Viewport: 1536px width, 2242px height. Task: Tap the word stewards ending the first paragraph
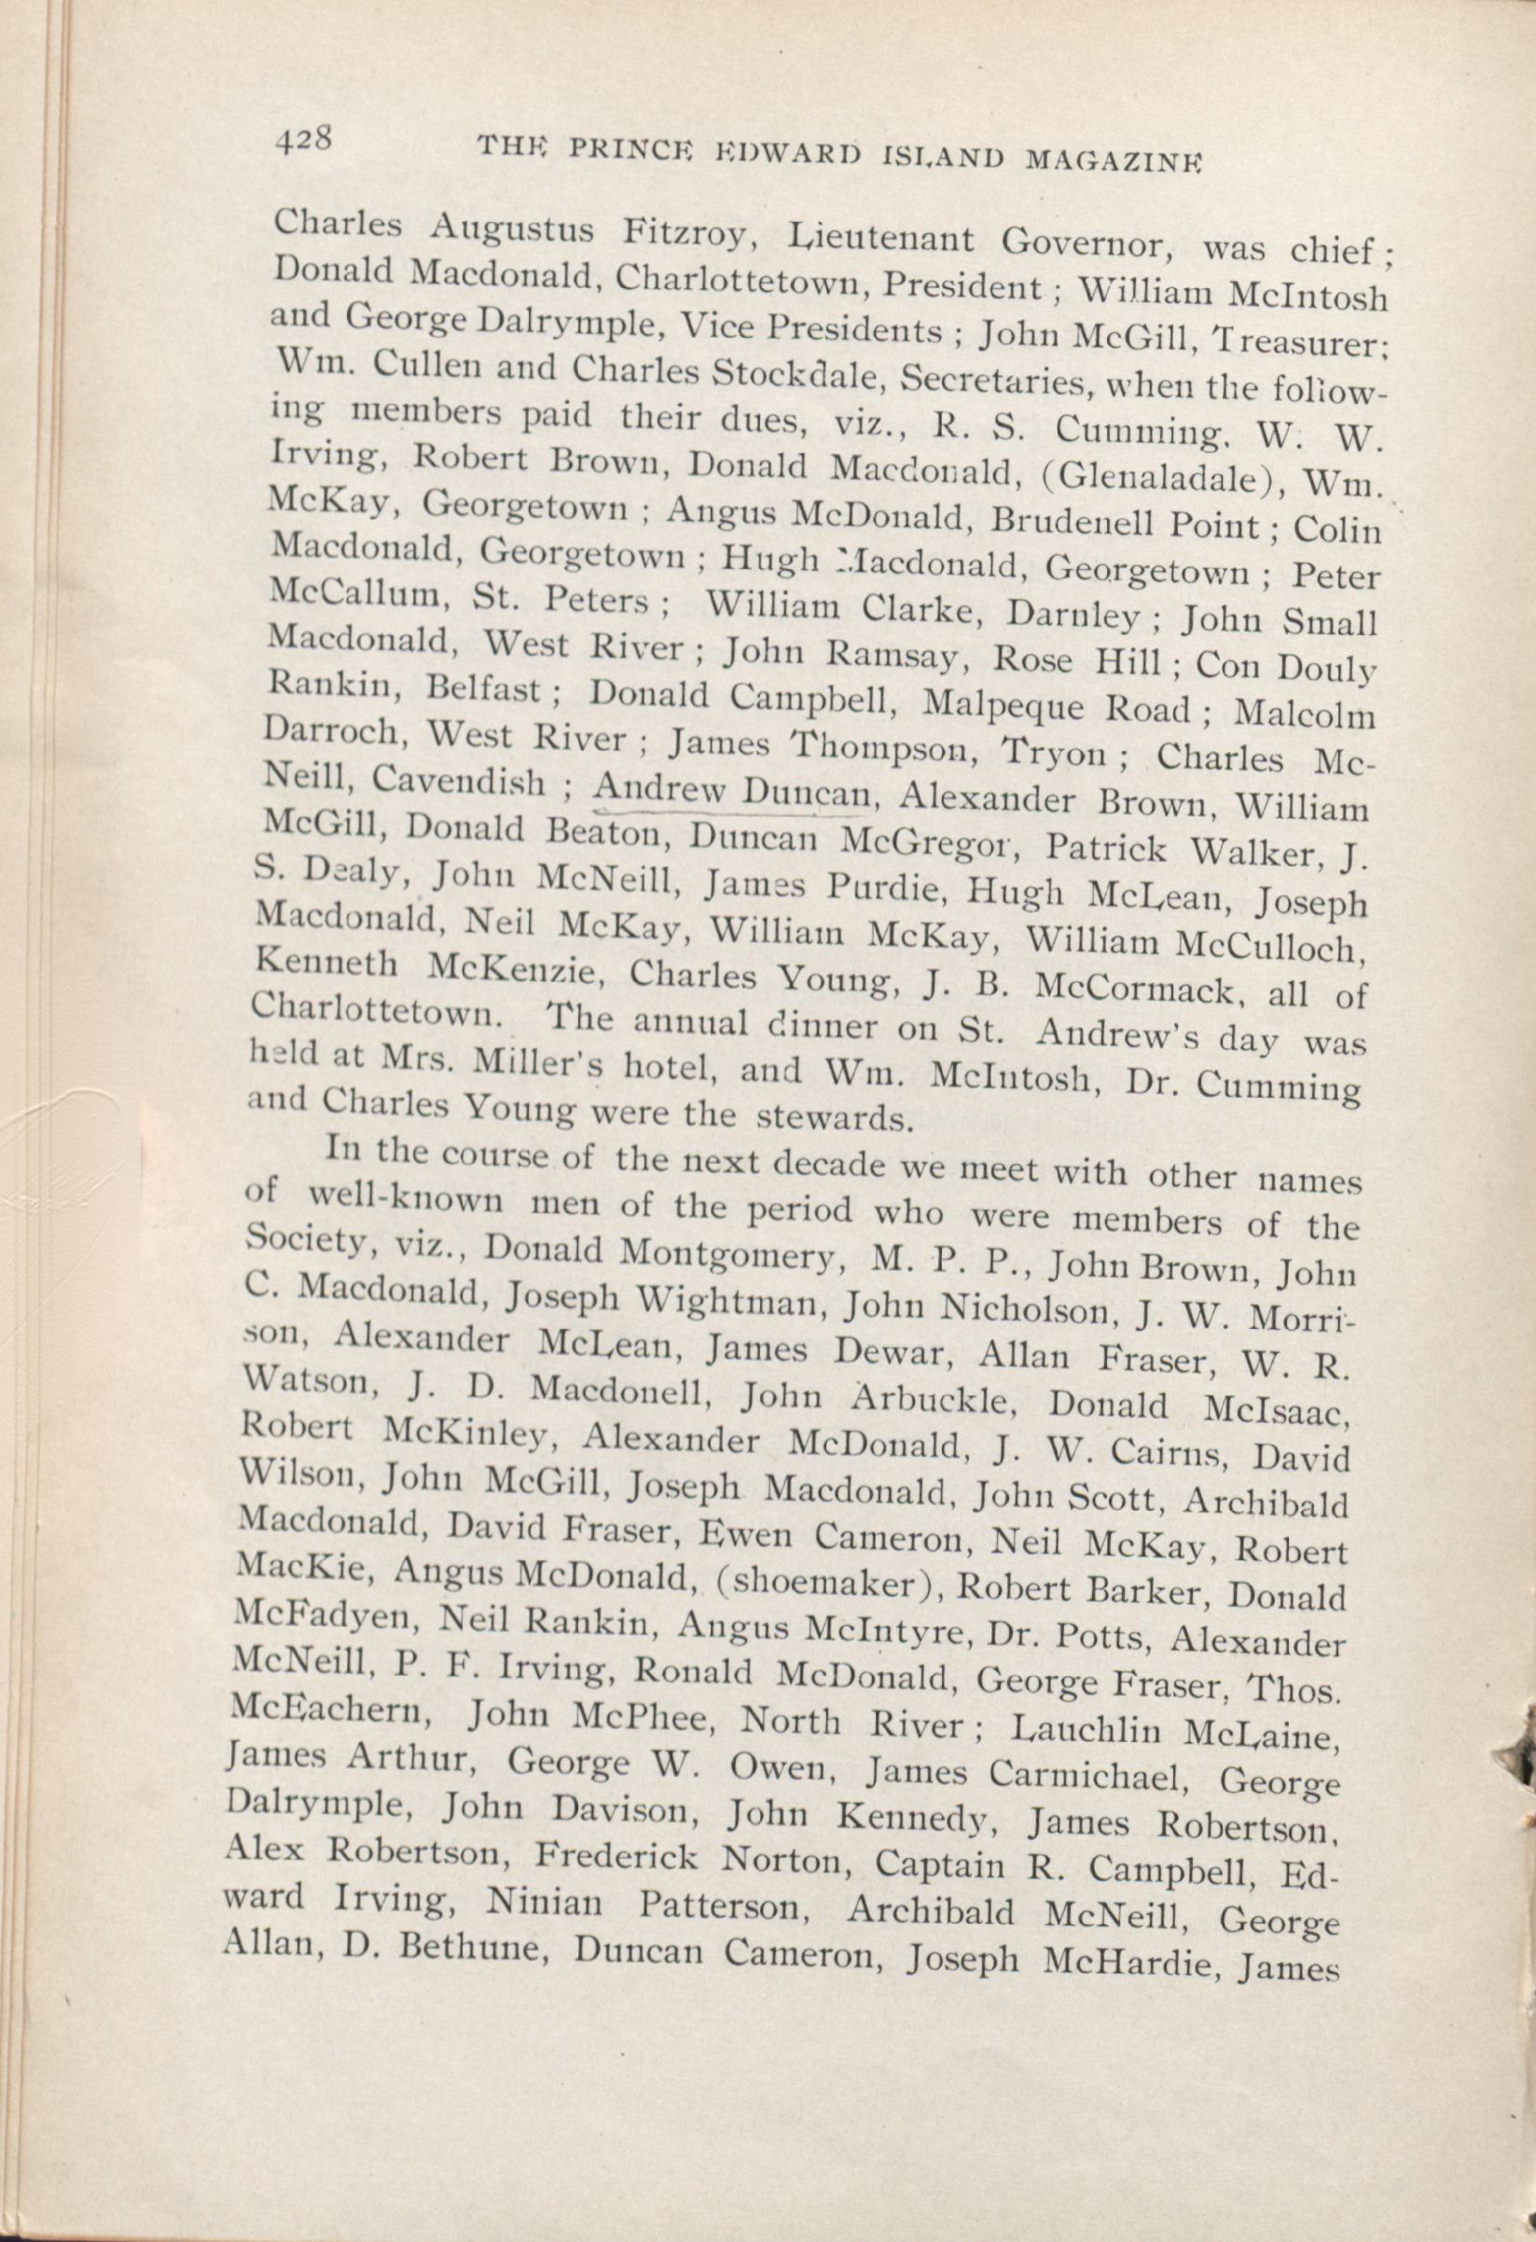point(833,1119)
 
